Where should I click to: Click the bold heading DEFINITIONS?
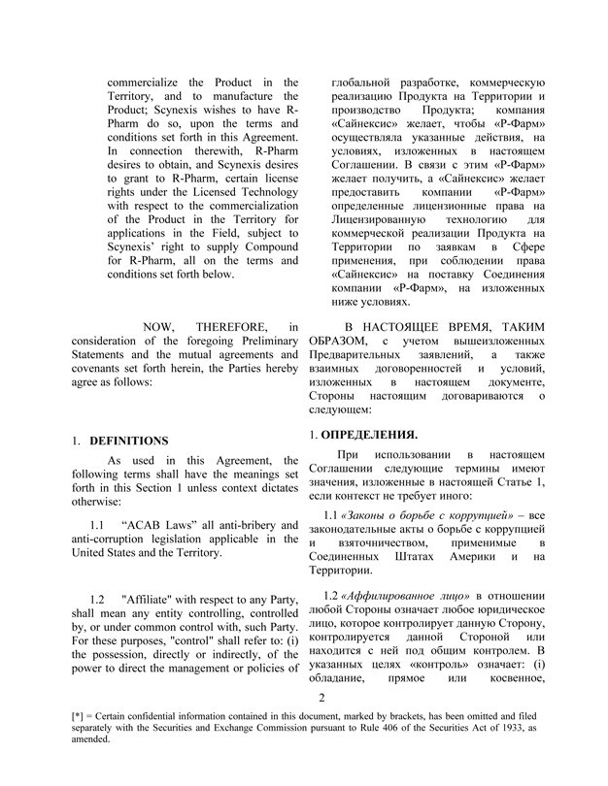pos(128,441)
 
